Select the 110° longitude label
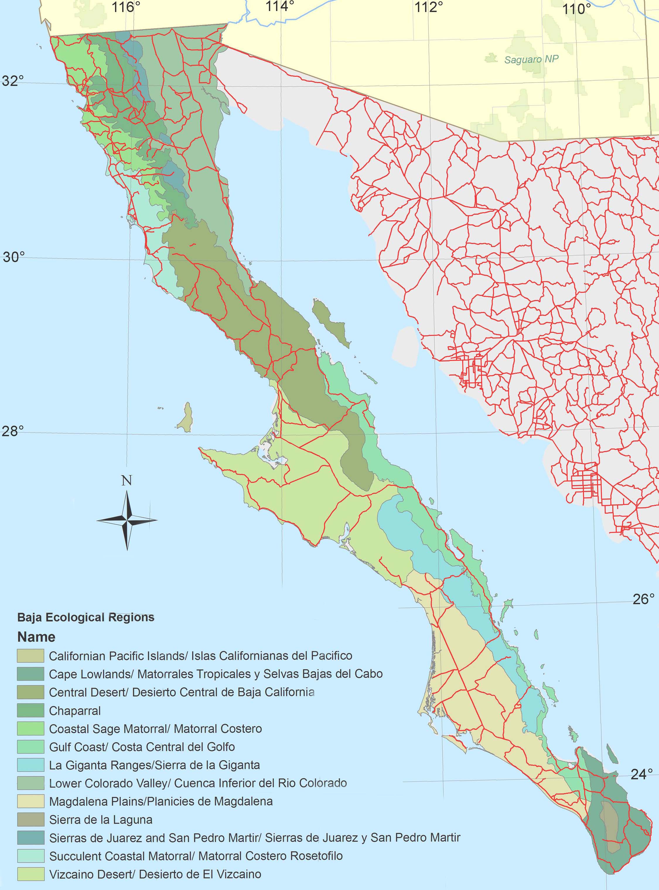tap(576, 9)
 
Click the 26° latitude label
tap(643, 599)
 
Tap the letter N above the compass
tap(127, 480)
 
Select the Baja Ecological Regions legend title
tap(86, 617)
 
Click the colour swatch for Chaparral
tap(30, 710)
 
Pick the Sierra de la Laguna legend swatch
tap(30, 820)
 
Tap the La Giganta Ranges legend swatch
tap(30, 765)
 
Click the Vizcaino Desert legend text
tap(155, 874)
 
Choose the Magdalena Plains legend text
tap(161, 802)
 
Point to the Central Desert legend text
tap(182, 692)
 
